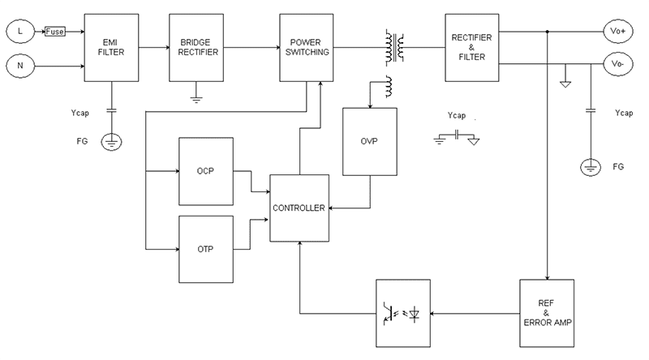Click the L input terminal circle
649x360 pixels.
[19, 31]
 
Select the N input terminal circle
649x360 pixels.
[19, 62]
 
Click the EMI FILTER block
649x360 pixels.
[113, 48]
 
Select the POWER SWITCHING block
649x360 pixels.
[306, 48]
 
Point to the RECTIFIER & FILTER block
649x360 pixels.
[470, 48]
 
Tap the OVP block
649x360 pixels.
[371, 141]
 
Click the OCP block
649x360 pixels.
[205, 172]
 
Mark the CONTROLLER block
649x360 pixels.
[299, 208]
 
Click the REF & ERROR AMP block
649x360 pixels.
[547, 312]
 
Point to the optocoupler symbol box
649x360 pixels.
[402, 312]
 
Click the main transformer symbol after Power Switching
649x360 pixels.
[397, 48]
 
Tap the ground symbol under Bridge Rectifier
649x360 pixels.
[196, 98]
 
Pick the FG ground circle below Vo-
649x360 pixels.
[591, 168]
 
